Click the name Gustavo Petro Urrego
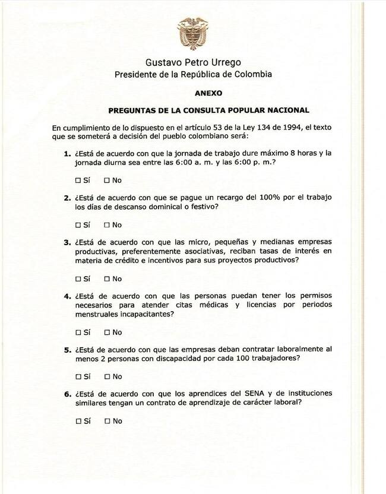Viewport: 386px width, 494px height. [193, 62]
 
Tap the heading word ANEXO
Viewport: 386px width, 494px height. [208, 93]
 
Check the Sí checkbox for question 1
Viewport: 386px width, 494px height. [78, 180]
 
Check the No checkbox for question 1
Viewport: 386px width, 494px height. [107, 180]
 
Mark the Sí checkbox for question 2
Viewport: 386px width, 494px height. [78, 225]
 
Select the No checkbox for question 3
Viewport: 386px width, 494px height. [107, 278]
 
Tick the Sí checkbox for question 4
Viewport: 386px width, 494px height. [78, 332]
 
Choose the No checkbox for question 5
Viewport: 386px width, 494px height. [107, 376]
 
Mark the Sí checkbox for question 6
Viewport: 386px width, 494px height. [78, 421]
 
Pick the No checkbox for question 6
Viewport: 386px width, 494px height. [107, 421]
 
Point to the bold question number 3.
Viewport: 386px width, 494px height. [67, 242]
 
